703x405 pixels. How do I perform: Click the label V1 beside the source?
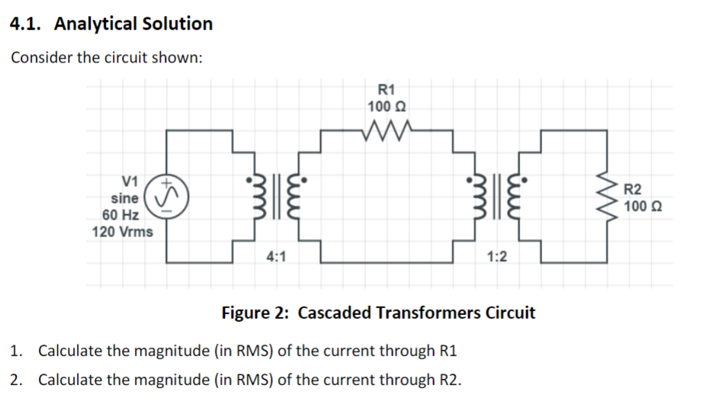[130, 182]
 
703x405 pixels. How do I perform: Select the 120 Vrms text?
[122, 231]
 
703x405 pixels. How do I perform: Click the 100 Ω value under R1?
[387, 106]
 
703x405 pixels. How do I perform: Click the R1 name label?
[387, 90]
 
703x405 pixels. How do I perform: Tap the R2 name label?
[633, 189]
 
